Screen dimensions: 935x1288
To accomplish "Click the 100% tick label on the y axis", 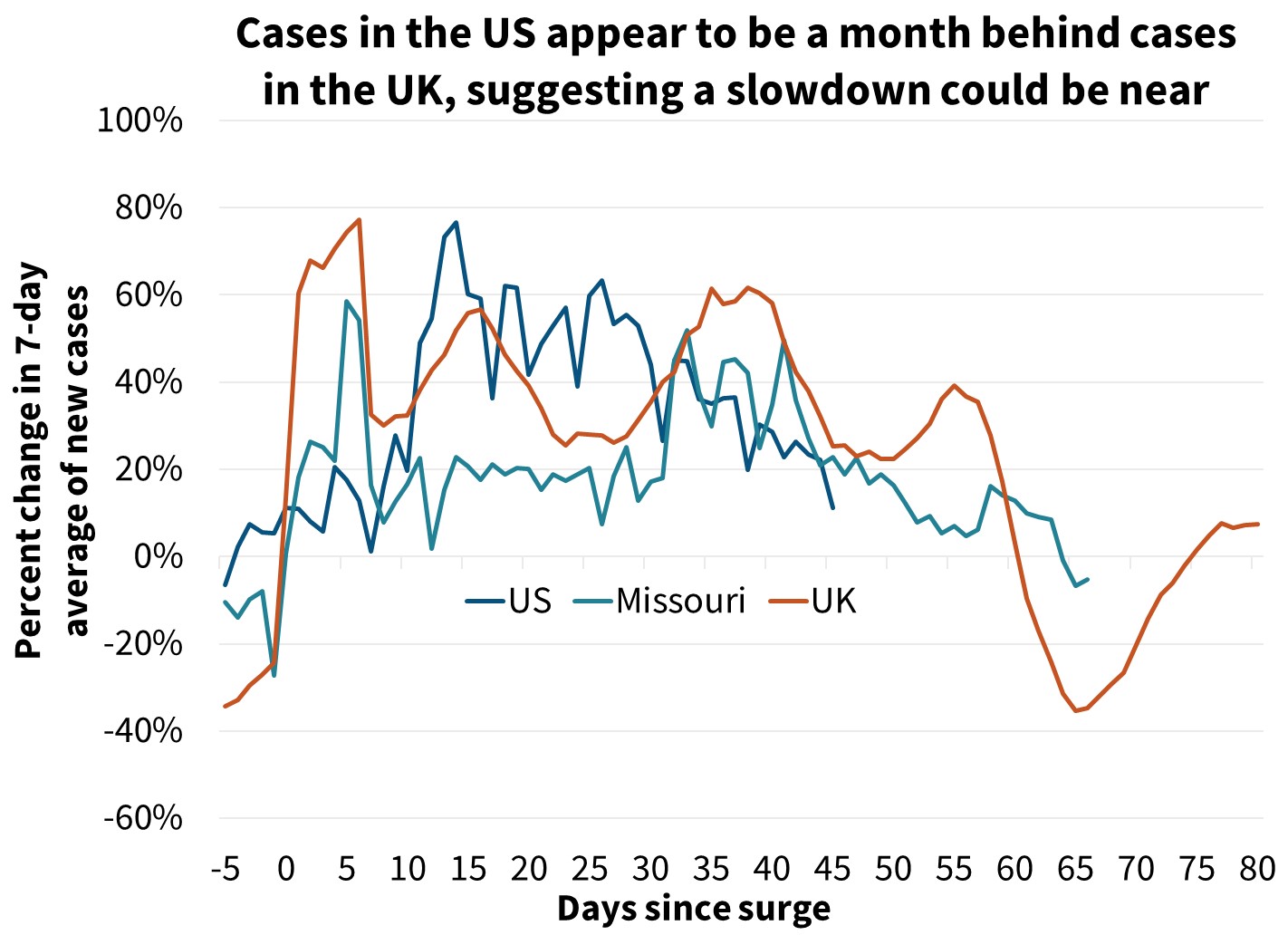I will click(x=140, y=120).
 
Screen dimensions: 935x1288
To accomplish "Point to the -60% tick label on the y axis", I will click(x=143, y=819).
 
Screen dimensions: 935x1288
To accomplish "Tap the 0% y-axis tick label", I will click(x=158, y=557).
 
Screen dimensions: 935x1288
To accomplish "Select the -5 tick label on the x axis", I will click(x=225, y=869).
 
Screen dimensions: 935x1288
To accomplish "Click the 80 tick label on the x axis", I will click(x=1257, y=869).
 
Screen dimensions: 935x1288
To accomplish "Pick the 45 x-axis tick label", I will click(x=832, y=869).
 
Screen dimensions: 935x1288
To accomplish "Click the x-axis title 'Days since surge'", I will click(x=693, y=909).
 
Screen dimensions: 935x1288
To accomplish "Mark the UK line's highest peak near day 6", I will click(x=360, y=219).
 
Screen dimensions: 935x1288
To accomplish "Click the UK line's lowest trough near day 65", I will click(x=1076, y=711).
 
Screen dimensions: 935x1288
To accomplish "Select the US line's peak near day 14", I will click(x=456, y=222).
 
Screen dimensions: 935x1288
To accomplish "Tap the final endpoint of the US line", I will click(x=833, y=507).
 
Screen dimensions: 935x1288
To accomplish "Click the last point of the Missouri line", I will click(x=1088, y=579).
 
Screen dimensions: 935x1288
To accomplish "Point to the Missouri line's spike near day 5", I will click(x=347, y=301).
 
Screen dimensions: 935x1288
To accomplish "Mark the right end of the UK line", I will click(x=1258, y=524).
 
